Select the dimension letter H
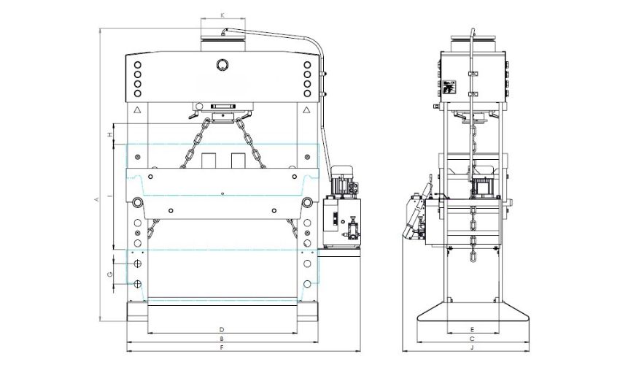point(109,135)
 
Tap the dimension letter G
point(109,274)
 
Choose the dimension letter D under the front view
point(221,329)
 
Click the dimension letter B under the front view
point(221,339)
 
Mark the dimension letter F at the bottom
point(221,350)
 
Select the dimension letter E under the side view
point(473,329)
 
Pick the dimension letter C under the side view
point(473,339)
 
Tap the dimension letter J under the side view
point(473,350)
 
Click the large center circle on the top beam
point(221,65)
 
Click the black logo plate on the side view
point(449,88)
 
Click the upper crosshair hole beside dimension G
point(137,263)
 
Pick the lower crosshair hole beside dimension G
point(137,283)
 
